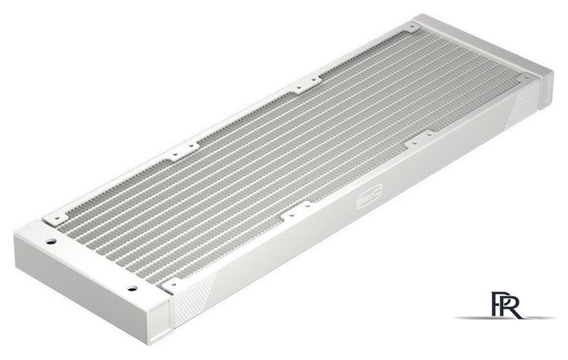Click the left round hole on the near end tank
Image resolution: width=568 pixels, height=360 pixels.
pos(50,240)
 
